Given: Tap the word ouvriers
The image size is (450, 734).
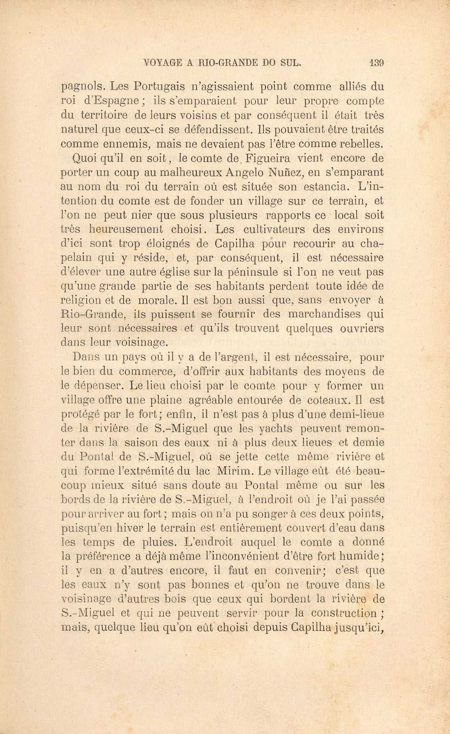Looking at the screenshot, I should pyautogui.click(x=361, y=328).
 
